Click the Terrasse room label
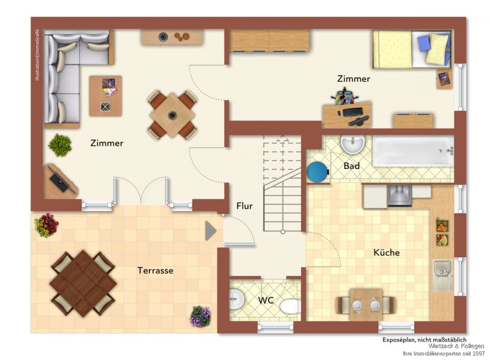tap(155, 270)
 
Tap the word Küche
tap(387, 252)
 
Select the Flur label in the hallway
tap(245, 206)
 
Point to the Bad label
tap(351, 166)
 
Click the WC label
tap(266, 301)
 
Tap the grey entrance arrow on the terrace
tap(211, 231)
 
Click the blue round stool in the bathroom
tap(318, 171)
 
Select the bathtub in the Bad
tap(413, 151)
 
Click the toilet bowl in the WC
tap(290, 307)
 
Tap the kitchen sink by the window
tap(442, 275)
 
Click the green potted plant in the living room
tap(60, 145)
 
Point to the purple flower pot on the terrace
tap(200, 316)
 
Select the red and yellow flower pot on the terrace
tap(47, 225)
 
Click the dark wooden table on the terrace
tap(83, 284)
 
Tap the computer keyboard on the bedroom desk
tap(353, 112)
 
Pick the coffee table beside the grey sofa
tap(105, 96)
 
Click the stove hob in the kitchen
tap(400, 195)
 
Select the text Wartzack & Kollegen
tap(456, 346)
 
